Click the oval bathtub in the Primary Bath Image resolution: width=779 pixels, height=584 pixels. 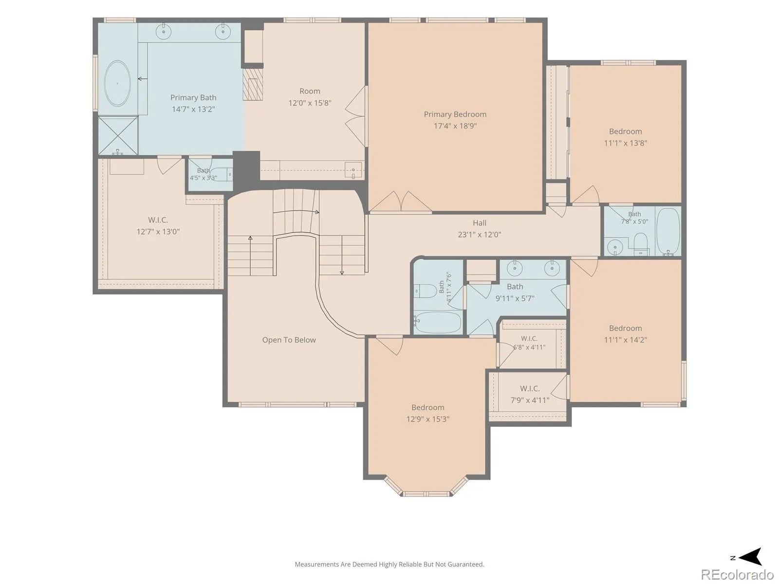click(117, 84)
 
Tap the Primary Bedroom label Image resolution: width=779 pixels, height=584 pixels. click(455, 114)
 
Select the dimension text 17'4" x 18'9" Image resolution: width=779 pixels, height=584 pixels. click(455, 126)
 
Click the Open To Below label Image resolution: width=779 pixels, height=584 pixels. click(289, 340)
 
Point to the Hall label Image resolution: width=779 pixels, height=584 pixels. click(480, 223)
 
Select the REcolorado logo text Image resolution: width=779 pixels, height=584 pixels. click(737, 574)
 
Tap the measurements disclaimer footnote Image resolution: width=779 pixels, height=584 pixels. click(389, 564)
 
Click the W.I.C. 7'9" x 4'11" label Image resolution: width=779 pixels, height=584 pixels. click(530, 394)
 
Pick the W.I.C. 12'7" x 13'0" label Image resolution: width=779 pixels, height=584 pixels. click(158, 225)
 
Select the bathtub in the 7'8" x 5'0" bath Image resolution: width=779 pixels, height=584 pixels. click(668, 231)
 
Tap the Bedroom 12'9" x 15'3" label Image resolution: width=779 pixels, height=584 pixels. click(427, 413)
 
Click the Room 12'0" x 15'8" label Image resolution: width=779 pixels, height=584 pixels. click(310, 97)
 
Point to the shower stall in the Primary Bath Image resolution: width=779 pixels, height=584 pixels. click(118, 135)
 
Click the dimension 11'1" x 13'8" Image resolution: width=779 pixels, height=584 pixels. click(626, 143)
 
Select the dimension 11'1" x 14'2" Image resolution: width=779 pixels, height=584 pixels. click(626, 340)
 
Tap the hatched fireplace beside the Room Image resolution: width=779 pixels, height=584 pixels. click(253, 84)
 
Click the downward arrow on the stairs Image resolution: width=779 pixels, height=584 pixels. click(342, 255)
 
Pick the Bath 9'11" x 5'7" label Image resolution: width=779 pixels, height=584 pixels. click(515, 292)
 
